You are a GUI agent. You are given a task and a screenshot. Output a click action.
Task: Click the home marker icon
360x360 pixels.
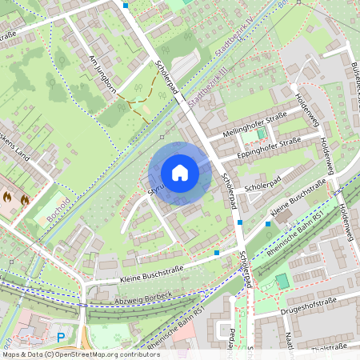[x=180, y=173]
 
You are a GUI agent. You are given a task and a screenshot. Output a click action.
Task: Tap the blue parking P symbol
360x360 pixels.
[x=60, y=338]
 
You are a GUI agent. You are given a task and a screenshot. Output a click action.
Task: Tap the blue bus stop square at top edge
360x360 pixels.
[x=126, y=5]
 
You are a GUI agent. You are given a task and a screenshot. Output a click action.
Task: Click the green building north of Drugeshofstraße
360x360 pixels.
[x=282, y=282]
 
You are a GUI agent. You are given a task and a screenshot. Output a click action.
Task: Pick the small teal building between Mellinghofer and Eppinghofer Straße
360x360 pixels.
[x=260, y=132]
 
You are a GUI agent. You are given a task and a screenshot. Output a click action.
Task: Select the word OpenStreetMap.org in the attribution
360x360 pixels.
[x=81, y=354]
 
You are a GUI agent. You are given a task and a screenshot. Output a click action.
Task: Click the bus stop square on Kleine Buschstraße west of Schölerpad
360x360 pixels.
[x=217, y=253]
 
